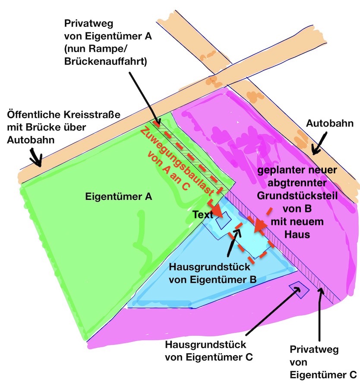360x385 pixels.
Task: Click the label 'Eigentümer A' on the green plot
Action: point(119,197)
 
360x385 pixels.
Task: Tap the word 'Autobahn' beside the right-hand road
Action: point(327,124)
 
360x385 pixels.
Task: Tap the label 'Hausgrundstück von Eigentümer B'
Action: point(213,273)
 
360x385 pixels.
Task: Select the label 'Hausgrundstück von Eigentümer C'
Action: point(206,351)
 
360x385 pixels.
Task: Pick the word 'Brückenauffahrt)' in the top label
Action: point(105,61)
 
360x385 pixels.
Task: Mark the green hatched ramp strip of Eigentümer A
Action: point(190,151)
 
